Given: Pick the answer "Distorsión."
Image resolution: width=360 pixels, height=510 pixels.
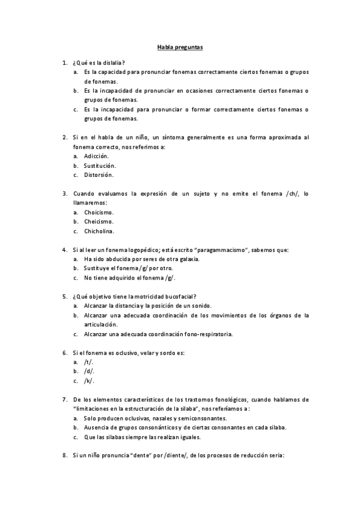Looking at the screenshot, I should (x=99, y=175).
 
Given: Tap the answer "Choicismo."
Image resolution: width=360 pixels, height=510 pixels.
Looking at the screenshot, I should (x=99, y=212).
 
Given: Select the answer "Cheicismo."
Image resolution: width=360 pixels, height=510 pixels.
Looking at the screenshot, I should (x=99, y=221).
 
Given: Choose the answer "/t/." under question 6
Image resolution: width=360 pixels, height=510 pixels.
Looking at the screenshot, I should (x=89, y=362).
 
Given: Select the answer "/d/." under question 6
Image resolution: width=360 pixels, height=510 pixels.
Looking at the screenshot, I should (x=90, y=371).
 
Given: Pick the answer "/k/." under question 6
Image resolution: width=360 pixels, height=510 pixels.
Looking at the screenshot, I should (x=89, y=381).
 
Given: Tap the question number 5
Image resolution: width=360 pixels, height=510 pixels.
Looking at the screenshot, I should (x=65, y=296).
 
